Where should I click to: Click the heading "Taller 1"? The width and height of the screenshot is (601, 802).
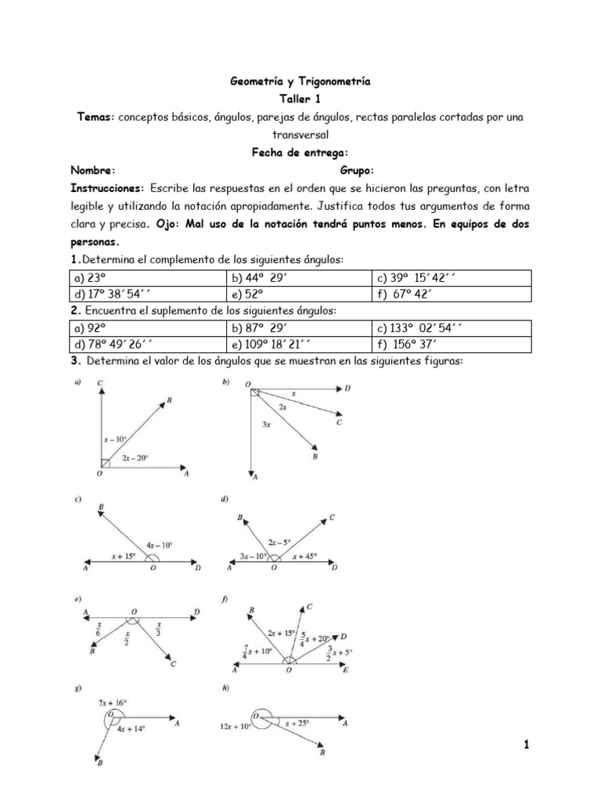point(300,99)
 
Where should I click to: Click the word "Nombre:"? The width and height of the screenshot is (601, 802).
point(93,170)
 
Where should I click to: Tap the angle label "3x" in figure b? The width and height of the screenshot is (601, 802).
point(266,424)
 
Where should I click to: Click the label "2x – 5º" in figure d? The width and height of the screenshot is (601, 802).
point(280,541)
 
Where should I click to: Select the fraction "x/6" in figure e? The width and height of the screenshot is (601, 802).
point(99,628)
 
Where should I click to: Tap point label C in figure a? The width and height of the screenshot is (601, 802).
point(100,383)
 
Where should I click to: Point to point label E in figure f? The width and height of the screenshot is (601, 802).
point(347,670)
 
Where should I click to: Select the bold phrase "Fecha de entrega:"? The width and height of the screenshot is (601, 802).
point(300,153)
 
